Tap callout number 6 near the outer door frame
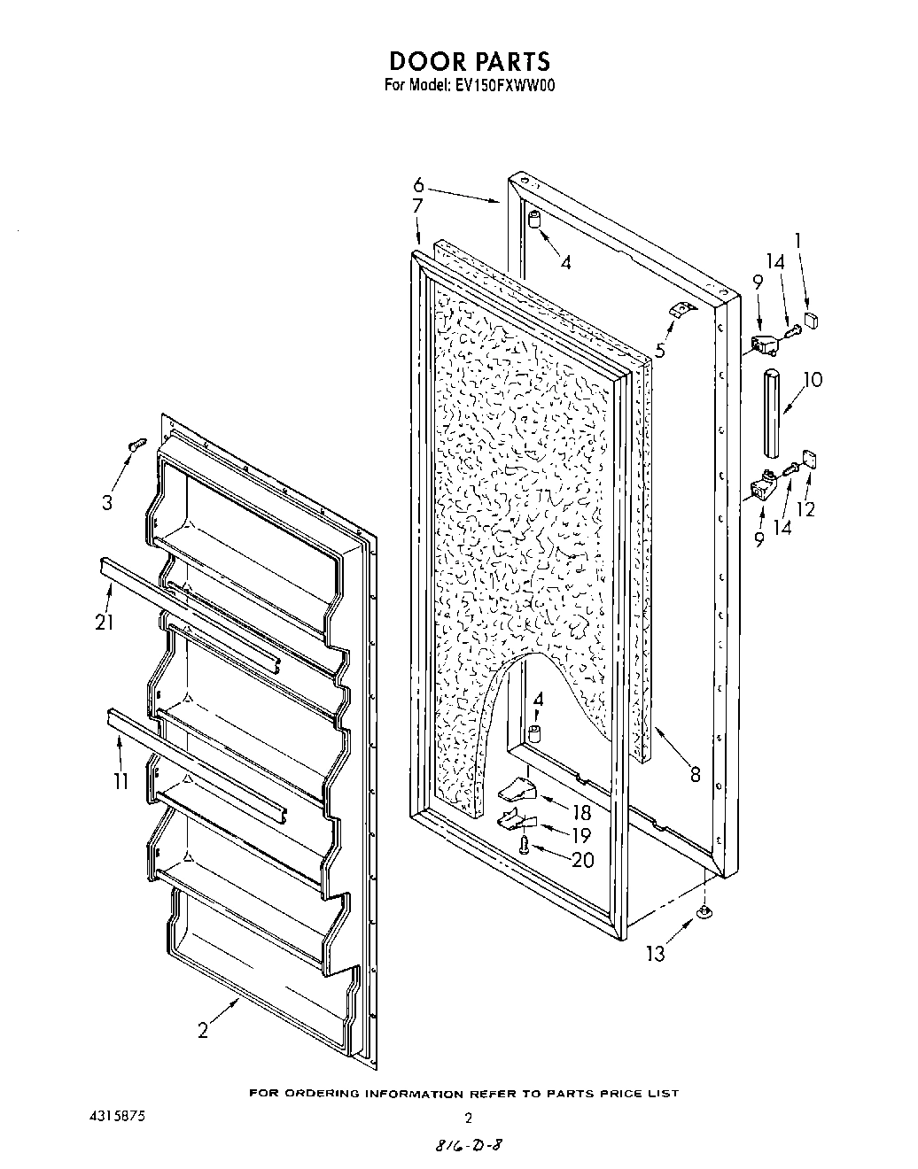(418, 186)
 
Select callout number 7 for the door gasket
(418, 205)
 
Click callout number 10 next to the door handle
(811, 380)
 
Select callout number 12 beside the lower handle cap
(806, 509)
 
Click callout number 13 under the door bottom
(656, 953)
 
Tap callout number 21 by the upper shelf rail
(105, 622)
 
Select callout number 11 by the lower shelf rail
(121, 781)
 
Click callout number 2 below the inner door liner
(203, 1030)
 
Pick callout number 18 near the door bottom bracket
(580, 812)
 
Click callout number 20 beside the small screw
(582, 859)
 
